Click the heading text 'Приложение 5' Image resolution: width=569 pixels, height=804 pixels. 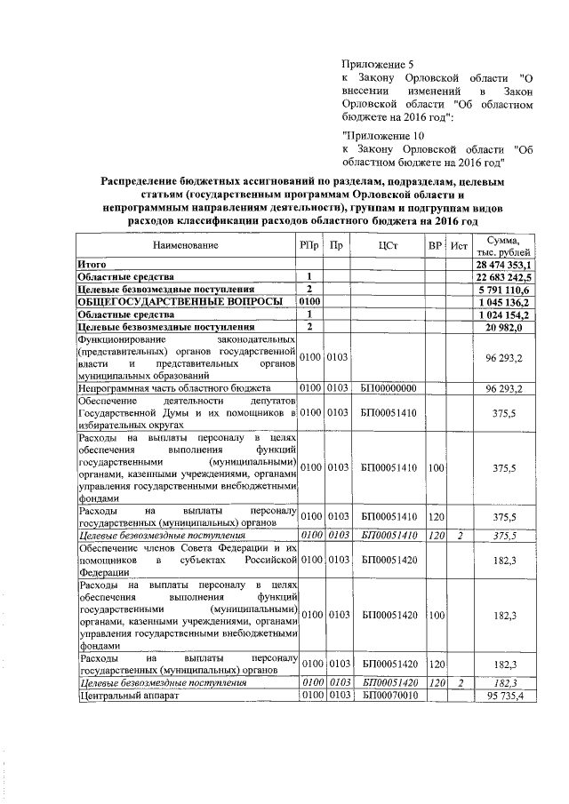pyautogui.click(x=378, y=64)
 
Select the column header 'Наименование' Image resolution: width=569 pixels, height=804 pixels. pyautogui.click(x=185, y=244)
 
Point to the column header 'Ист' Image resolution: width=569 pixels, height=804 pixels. pyautogui.click(x=459, y=244)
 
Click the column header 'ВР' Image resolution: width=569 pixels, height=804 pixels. pyautogui.click(x=435, y=244)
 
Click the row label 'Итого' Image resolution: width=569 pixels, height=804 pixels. pyautogui.click(x=92, y=265)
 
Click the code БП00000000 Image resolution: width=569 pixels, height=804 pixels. pyautogui.click(x=388, y=389)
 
